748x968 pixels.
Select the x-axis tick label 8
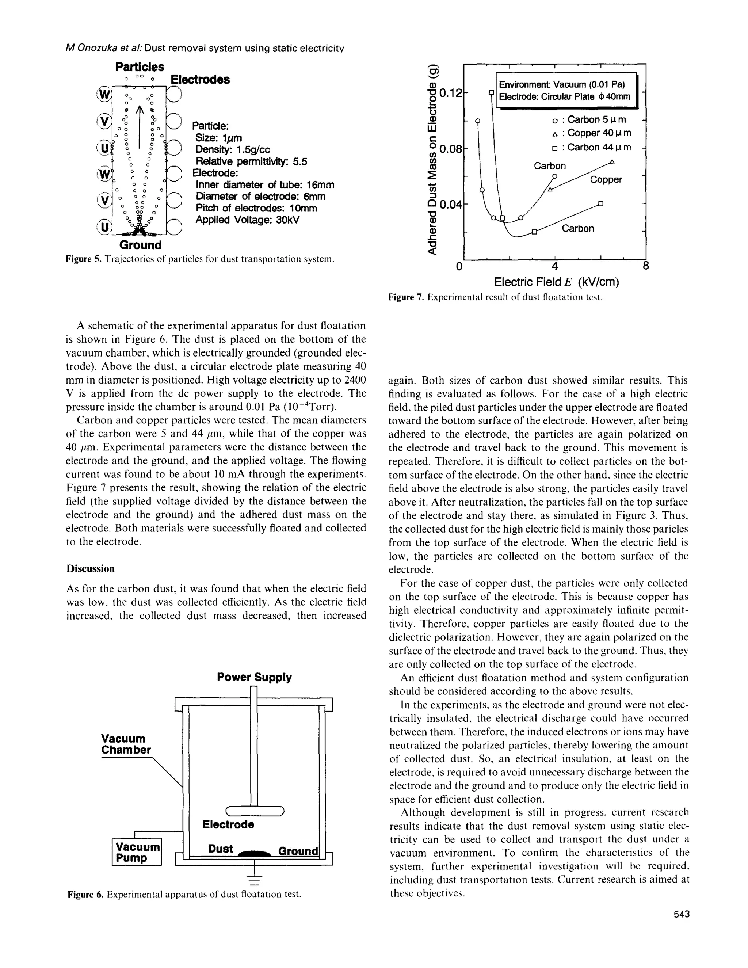[646, 266]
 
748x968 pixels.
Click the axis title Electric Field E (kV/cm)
[556, 282]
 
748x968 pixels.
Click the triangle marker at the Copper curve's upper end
[612, 162]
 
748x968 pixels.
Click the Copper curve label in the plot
[606, 179]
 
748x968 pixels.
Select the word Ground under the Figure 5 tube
[141, 245]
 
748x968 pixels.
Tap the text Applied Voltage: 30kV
[248, 220]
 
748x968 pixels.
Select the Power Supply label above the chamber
[254, 677]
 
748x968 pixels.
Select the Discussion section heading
[91, 569]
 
